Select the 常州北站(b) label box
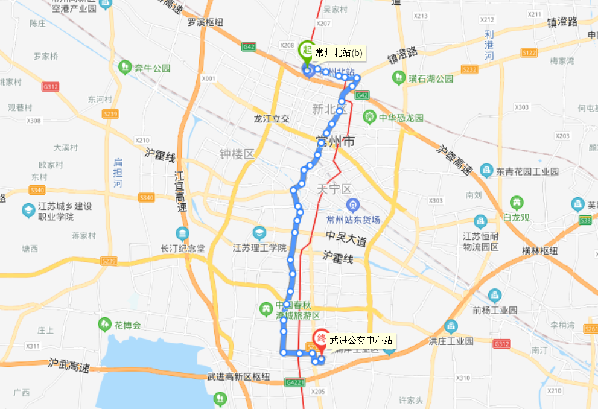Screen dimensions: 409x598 (339, 53)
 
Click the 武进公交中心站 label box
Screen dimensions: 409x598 (361, 341)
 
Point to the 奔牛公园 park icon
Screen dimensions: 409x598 (126, 66)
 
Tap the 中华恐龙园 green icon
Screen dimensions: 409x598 (369, 117)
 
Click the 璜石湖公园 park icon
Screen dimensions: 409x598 (398, 78)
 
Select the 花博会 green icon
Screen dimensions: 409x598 (105, 325)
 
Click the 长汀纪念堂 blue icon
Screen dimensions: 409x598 (182, 234)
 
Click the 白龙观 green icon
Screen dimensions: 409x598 (517, 202)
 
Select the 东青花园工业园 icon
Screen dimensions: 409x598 (486, 171)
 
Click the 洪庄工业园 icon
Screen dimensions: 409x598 (450, 327)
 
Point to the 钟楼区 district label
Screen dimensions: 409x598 (237, 154)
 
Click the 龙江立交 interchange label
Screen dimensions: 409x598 (272, 119)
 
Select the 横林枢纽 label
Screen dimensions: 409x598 (542, 251)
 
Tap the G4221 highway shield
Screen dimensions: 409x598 (296, 382)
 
